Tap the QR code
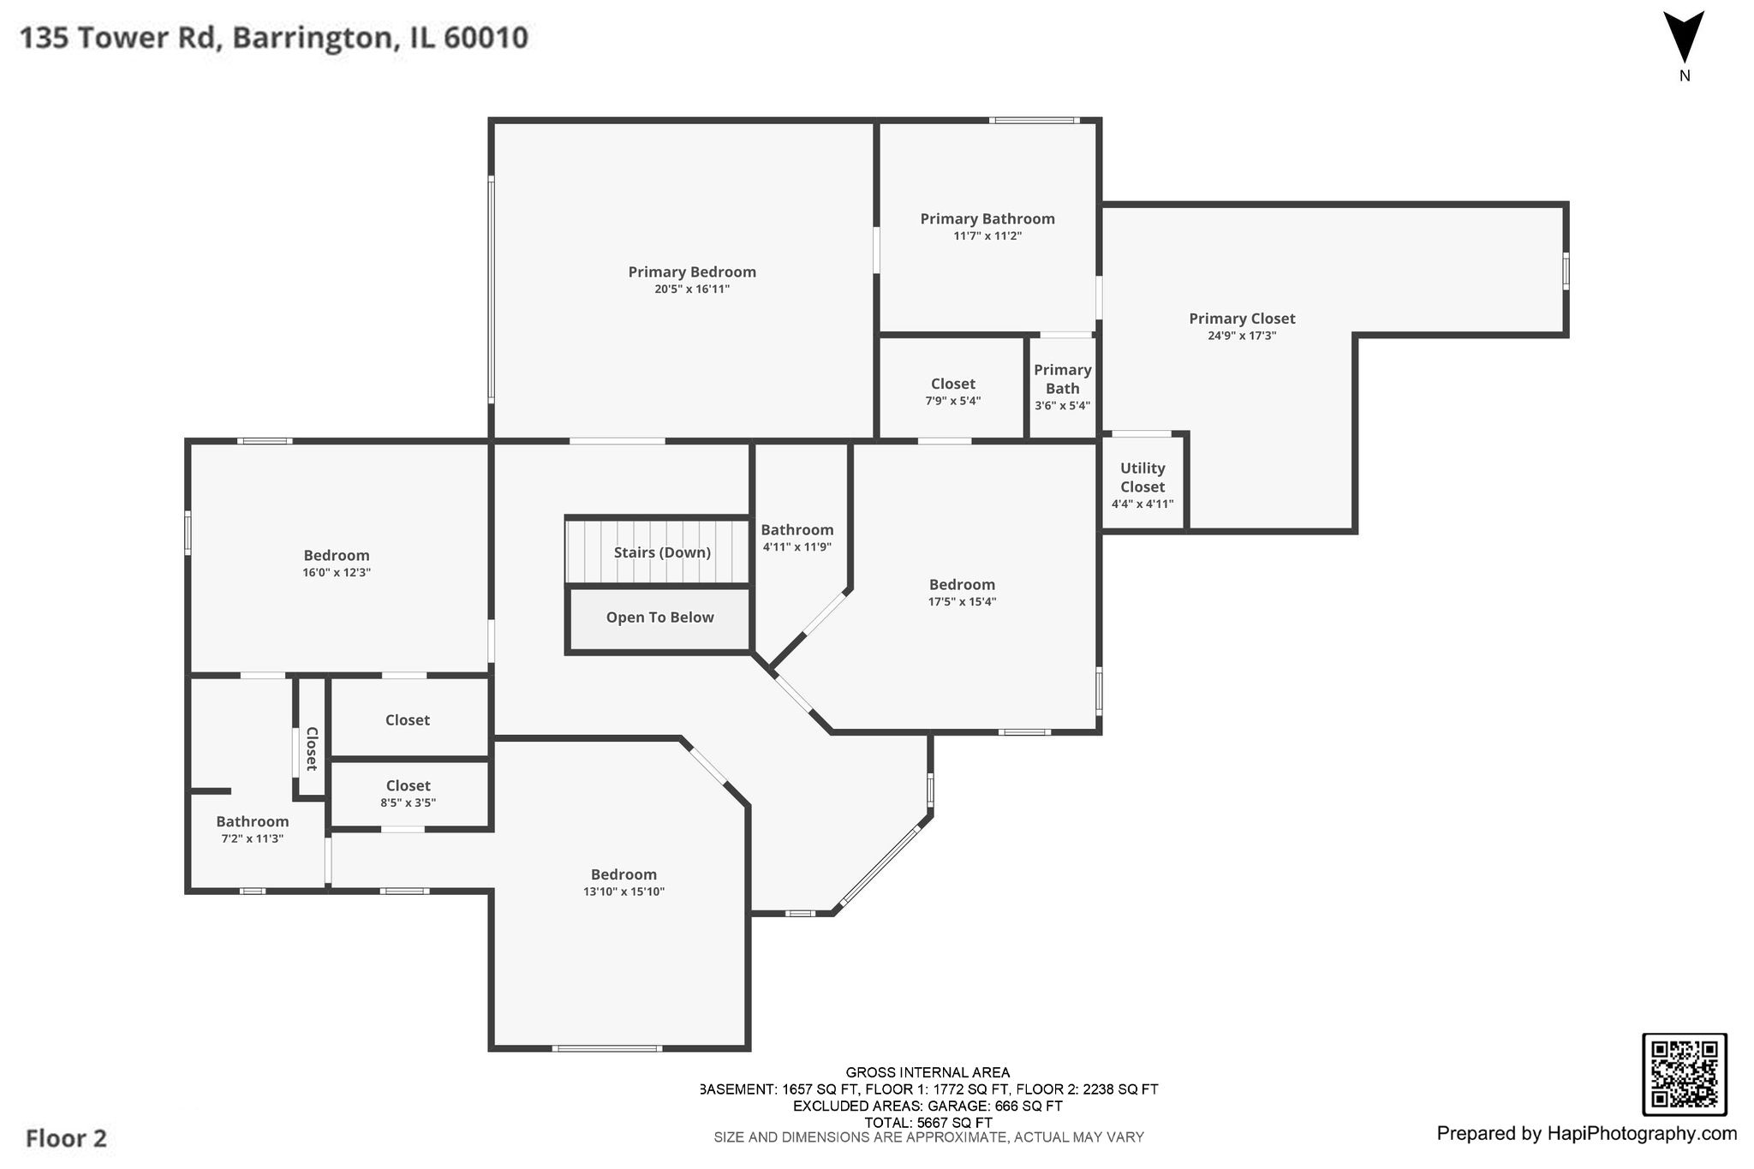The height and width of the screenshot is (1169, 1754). (x=1684, y=1075)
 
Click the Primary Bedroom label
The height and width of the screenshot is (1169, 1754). (x=692, y=272)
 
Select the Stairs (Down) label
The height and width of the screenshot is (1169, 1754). (x=662, y=552)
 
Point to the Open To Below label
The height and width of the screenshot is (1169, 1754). (x=659, y=617)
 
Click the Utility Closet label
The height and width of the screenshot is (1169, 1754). (x=1142, y=478)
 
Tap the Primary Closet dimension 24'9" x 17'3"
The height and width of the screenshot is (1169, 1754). (x=1242, y=336)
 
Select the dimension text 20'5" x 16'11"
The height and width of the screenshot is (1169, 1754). (x=692, y=289)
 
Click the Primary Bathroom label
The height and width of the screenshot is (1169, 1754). (x=987, y=219)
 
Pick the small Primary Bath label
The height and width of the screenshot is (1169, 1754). (x=1062, y=379)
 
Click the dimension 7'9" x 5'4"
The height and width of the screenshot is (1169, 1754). (x=953, y=401)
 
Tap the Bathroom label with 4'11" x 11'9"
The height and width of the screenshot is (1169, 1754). (x=797, y=530)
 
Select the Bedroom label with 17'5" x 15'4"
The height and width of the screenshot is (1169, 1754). (x=963, y=585)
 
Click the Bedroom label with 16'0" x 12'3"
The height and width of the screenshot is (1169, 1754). (x=337, y=556)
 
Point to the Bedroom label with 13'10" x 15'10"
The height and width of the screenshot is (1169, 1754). (x=623, y=874)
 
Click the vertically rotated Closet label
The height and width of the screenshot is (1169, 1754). (x=312, y=749)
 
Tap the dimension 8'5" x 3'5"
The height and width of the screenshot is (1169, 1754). (x=409, y=803)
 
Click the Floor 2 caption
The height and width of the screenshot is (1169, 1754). (x=66, y=1138)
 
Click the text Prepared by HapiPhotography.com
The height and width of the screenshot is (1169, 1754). (x=1587, y=1134)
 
